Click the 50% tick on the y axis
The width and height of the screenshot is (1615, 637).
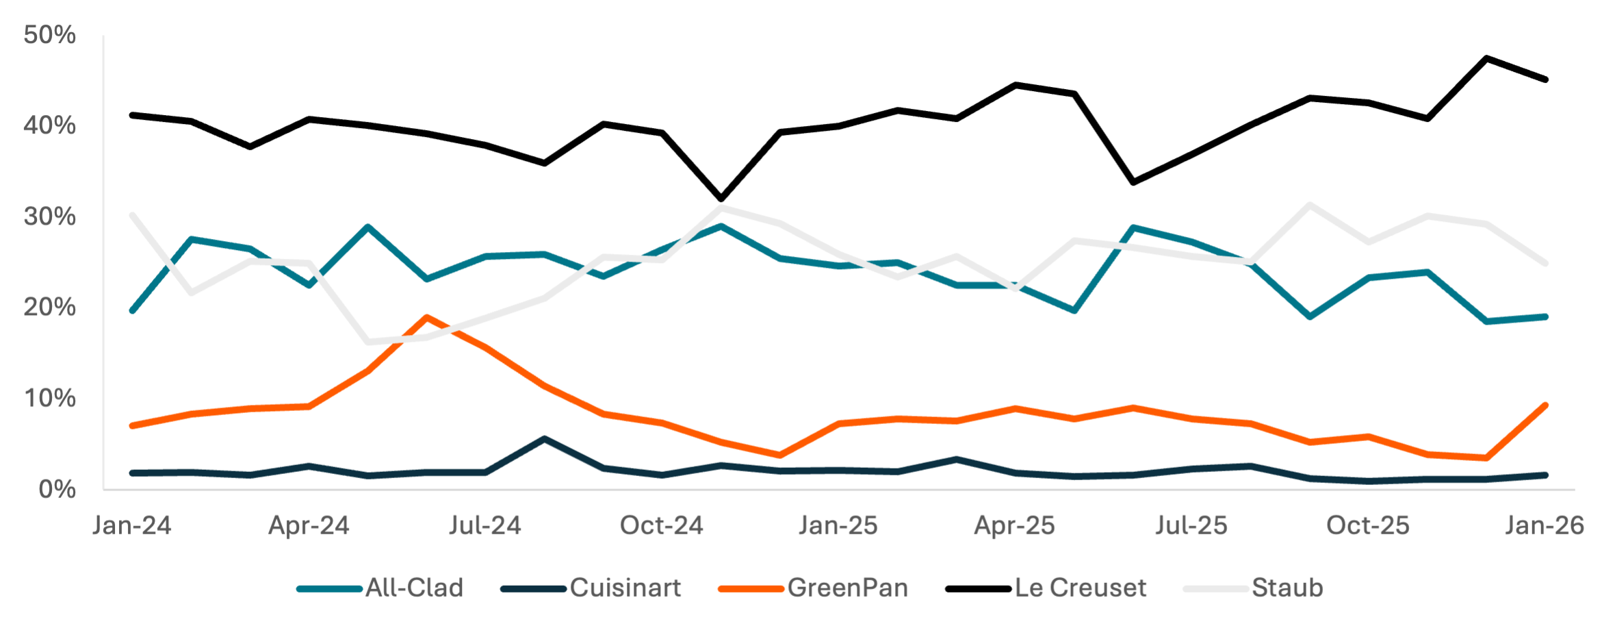coord(49,35)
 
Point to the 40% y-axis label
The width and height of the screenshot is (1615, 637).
coord(49,126)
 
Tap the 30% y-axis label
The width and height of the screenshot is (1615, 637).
coord(49,217)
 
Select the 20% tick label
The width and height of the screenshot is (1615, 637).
coord(49,308)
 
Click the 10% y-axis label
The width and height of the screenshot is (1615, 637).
coord(49,399)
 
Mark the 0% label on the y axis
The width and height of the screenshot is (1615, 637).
coord(57,489)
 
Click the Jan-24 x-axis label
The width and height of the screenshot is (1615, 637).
coord(132,525)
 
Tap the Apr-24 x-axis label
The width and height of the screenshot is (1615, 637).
coord(309,525)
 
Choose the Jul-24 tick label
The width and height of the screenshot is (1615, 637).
coord(485,525)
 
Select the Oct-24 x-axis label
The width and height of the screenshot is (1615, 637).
coord(662,525)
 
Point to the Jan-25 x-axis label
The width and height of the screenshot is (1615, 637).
coord(838,525)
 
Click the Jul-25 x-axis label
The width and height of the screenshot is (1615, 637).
coord(1191,525)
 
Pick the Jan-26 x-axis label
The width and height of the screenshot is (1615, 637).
coord(1545,525)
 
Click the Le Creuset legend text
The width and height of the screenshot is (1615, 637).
coord(1081,588)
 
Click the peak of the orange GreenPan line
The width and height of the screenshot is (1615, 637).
coord(427,317)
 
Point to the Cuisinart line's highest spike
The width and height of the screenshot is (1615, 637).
coord(545,438)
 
